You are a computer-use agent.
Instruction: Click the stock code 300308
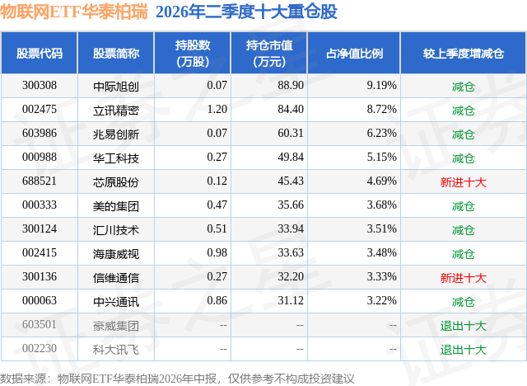coord(40,86)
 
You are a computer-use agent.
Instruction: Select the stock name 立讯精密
coord(116,111)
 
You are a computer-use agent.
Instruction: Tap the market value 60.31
coord(291,134)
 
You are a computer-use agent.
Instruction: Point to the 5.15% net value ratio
coord(381,158)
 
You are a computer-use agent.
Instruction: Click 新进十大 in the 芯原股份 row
coord(463,182)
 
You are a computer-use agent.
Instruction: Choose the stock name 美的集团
coord(116,206)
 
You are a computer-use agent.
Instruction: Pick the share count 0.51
coord(217,228)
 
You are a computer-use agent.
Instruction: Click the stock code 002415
coord(40,252)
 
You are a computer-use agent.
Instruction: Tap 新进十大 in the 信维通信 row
coord(463,278)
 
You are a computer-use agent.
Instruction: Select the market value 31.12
coord(291,300)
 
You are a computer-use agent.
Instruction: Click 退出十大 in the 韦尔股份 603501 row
coord(463,326)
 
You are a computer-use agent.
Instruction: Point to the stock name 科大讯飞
coord(116,350)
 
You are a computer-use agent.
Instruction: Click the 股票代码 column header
coord(40,53)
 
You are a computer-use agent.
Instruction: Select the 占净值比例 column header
coord(354,53)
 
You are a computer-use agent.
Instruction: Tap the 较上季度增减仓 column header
coord(463,53)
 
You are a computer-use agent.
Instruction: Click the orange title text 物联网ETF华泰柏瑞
coord(74,12)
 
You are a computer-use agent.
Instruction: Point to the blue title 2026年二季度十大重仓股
coord(246,12)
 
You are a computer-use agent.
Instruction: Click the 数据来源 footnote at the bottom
coord(177,379)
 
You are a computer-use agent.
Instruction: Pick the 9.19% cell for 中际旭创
coord(381,86)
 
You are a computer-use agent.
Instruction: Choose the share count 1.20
coord(217,110)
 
